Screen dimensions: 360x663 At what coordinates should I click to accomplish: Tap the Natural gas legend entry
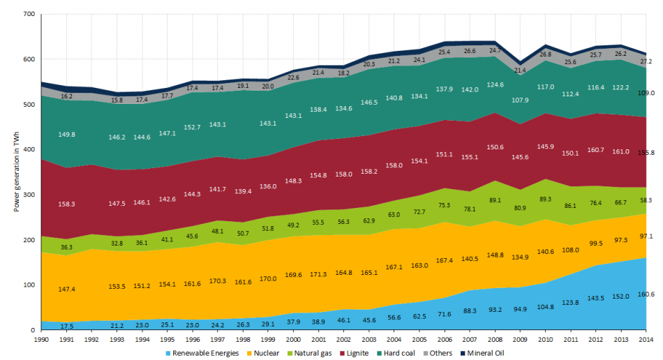click(319, 353)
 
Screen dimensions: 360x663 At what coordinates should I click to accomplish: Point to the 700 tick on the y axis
click(28, 15)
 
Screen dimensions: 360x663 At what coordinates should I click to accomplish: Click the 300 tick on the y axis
click(28, 195)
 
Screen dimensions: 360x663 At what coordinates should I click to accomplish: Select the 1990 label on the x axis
click(42, 339)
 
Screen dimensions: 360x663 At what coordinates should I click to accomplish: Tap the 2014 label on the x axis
click(646, 339)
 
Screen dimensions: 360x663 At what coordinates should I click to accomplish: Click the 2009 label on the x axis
click(520, 339)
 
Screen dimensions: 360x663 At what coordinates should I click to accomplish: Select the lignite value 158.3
click(67, 204)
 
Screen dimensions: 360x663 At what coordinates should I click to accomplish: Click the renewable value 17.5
click(67, 326)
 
